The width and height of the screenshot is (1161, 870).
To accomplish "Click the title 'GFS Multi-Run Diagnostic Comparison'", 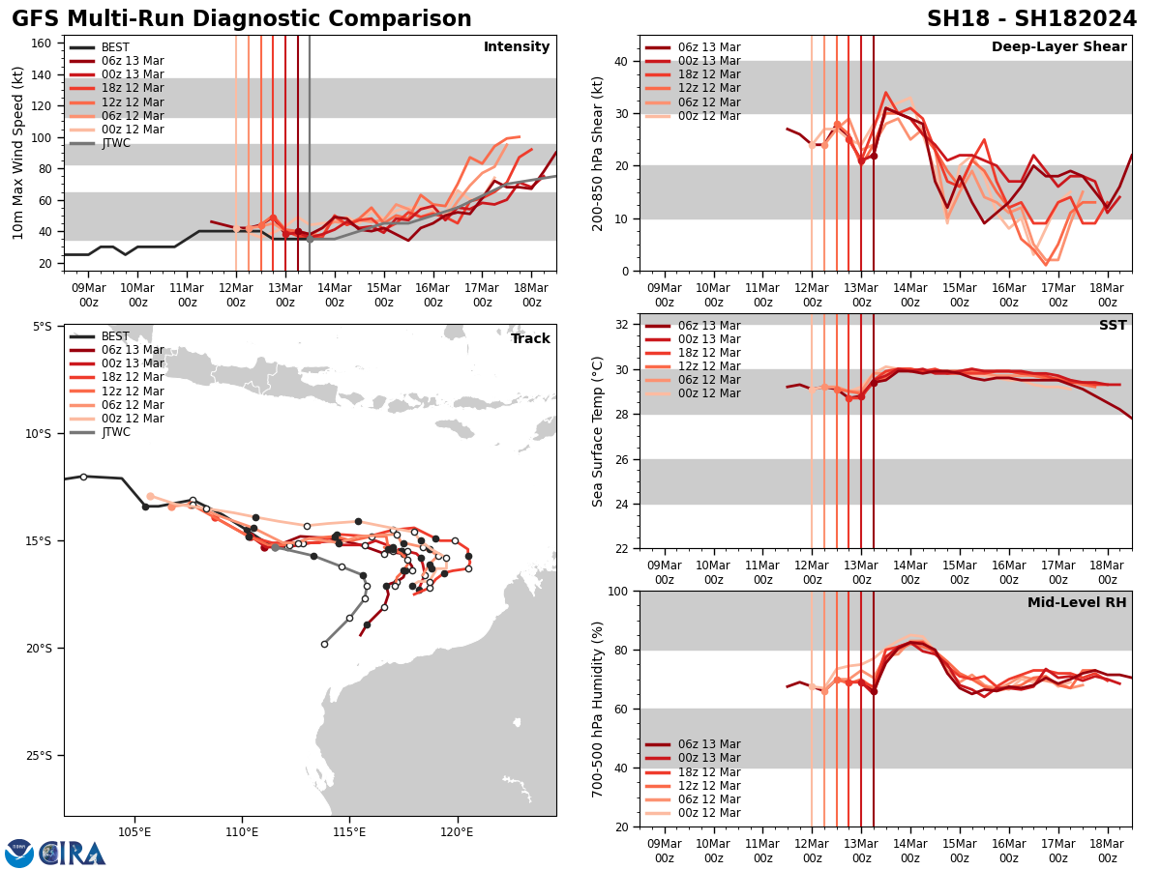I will tap(242, 19).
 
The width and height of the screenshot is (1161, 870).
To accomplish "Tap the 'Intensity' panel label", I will tap(517, 47).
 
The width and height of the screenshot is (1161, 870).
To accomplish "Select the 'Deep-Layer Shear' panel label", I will tap(1058, 47).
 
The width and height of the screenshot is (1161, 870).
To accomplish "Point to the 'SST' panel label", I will tap(1112, 326).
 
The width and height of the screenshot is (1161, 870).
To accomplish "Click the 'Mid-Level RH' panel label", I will tap(1077, 603).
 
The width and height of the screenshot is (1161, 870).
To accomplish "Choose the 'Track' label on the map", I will tap(530, 339).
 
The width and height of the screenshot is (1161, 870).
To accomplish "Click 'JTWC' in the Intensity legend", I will tap(116, 143).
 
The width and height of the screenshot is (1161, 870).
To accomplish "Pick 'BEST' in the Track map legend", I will tap(116, 336).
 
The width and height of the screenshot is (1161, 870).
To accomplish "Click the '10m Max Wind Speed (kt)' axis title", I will tap(17, 153).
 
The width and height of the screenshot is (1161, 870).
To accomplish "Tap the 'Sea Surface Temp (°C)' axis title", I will tap(599, 431).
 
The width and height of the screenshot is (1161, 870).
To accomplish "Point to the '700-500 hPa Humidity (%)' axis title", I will tap(599, 709).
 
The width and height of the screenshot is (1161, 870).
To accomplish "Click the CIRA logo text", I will tap(73, 853).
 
